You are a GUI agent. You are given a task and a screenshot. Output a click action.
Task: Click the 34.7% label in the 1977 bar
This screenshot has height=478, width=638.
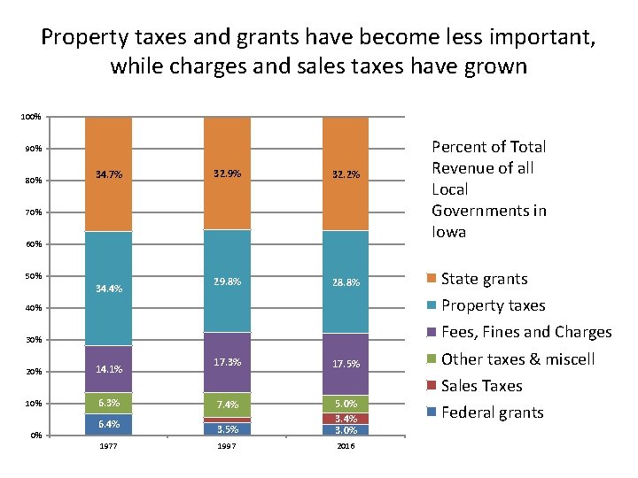109,175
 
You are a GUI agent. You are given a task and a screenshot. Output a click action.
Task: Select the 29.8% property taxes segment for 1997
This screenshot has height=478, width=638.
227,281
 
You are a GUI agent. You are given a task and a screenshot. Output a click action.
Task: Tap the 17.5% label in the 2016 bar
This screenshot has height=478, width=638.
346,364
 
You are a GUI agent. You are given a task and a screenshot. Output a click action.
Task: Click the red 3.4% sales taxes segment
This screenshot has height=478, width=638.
346,418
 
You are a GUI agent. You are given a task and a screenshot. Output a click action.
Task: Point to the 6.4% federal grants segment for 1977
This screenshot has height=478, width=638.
109,424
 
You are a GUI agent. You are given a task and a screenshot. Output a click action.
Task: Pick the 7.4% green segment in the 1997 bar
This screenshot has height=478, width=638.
227,405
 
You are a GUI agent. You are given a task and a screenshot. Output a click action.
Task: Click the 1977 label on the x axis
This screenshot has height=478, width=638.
109,445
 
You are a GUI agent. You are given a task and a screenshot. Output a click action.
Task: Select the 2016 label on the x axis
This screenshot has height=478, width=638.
346,445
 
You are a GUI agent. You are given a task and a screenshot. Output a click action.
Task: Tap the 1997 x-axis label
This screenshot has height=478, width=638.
227,445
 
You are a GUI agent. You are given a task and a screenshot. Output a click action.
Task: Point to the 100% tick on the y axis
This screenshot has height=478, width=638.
30,117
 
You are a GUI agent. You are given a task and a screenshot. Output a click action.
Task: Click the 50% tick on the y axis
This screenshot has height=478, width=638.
32,276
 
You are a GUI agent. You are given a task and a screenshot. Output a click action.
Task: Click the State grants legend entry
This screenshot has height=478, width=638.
484,279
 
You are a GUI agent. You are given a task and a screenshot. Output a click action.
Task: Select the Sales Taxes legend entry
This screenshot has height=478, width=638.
481,386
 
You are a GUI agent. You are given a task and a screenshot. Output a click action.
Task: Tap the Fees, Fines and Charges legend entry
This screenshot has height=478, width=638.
525,332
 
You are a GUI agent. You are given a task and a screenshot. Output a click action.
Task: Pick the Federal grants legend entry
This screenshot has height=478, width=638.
491,412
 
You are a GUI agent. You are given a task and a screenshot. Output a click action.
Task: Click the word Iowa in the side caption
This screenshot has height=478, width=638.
449,232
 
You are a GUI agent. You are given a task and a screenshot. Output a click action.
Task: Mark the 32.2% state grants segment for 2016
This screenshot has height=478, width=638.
346,174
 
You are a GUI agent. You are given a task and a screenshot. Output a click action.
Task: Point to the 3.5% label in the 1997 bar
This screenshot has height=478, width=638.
227,429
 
